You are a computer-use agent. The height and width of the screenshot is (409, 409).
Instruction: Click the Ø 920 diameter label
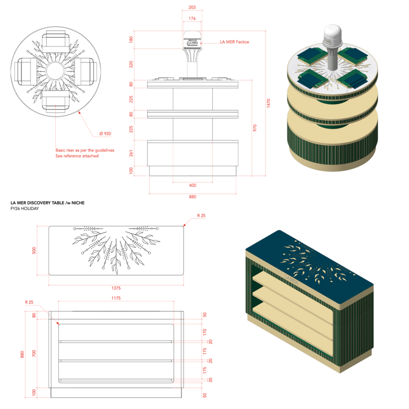(105, 133)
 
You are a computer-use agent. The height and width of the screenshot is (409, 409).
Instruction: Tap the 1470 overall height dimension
(268, 103)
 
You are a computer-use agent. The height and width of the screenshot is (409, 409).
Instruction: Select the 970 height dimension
(255, 128)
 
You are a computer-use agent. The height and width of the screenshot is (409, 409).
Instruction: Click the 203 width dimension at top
(192, 7)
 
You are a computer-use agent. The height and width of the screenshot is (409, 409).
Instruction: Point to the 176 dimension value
(192, 18)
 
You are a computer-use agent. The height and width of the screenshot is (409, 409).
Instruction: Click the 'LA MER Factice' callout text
(235, 42)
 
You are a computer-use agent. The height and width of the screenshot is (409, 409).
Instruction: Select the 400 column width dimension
(193, 185)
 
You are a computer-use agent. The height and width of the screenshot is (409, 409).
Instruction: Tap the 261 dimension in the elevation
(131, 153)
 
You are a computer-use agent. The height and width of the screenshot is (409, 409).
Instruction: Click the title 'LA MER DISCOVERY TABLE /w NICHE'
(48, 202)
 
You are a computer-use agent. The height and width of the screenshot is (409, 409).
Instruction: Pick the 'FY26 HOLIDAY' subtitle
(25, 209)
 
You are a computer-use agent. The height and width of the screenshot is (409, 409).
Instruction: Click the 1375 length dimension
(116, 288)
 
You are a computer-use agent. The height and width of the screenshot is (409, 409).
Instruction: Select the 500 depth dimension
(34, 251)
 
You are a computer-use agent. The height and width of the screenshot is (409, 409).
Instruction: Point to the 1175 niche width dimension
(116, 298)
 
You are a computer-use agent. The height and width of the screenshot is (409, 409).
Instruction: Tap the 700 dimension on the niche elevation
(34, 353)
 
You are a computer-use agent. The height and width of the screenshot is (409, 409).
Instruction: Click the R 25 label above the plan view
(201, 215)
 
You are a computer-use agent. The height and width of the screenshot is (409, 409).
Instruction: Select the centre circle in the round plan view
(55, 71)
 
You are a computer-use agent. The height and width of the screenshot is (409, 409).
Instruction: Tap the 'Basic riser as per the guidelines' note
(85, 150)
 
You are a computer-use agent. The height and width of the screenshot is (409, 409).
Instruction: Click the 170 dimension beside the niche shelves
(205, 332)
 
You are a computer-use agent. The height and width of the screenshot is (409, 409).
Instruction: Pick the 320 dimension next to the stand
(131, 64)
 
